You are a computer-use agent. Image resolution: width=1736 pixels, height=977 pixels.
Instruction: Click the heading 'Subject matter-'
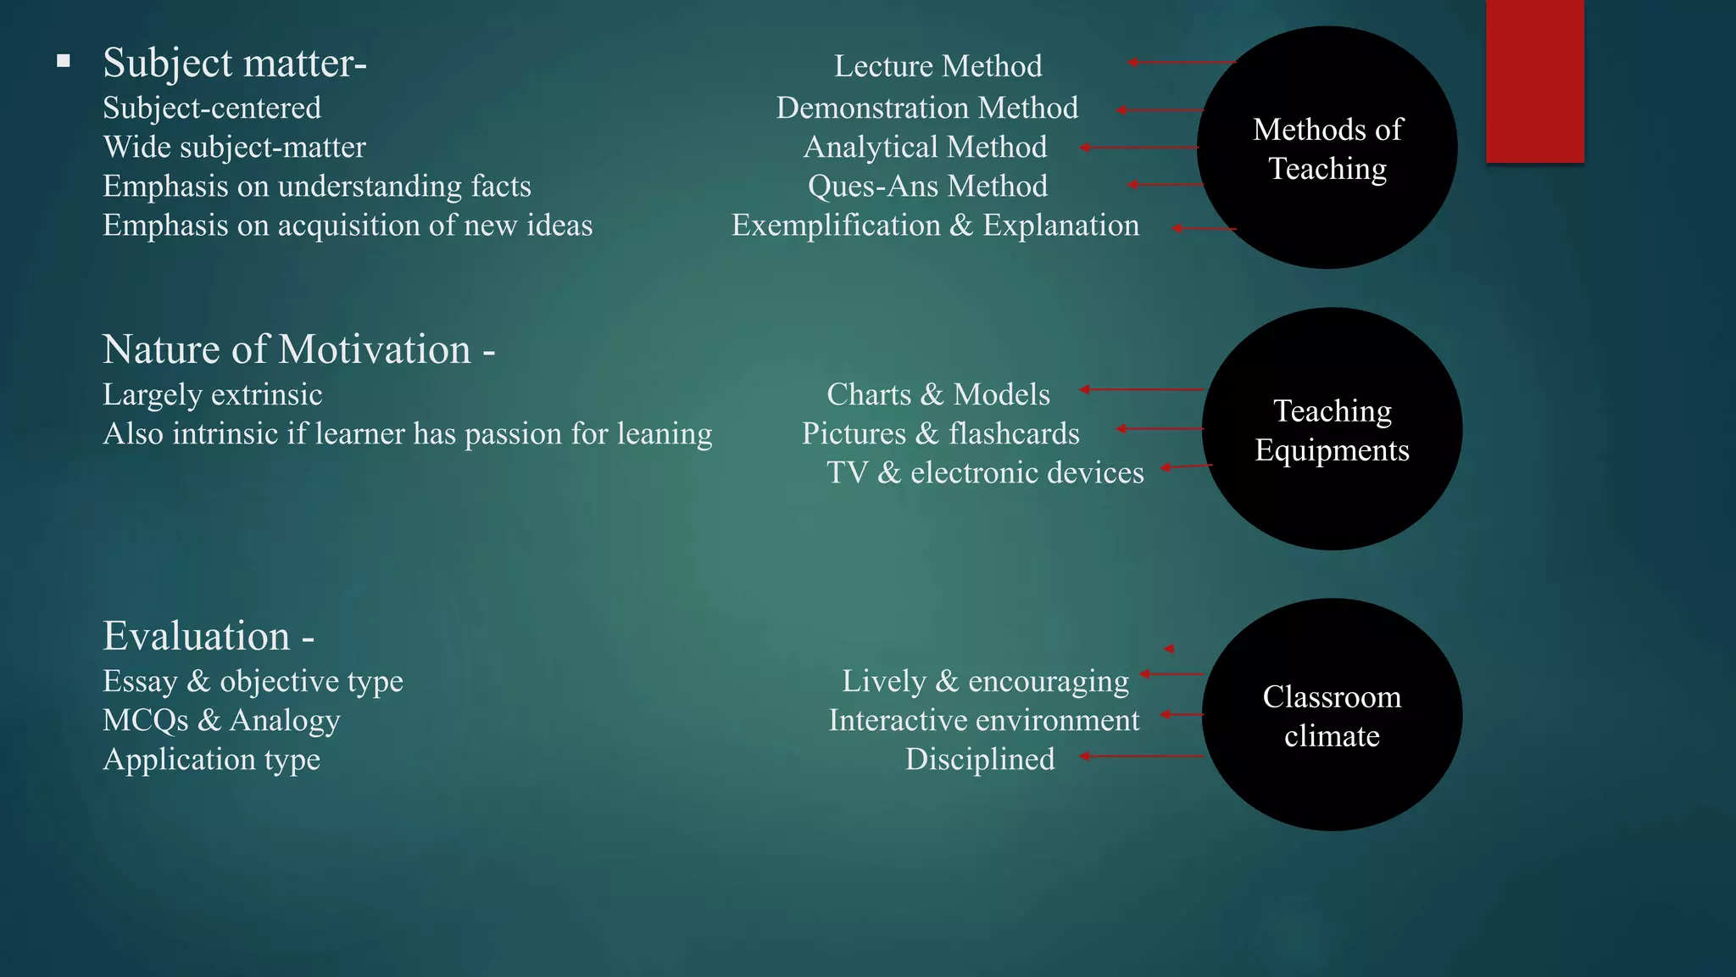[235, 63]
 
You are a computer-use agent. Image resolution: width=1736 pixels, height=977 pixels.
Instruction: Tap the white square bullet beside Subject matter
[64, 61]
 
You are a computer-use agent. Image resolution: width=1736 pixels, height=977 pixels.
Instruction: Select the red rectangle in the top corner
[1534, 81]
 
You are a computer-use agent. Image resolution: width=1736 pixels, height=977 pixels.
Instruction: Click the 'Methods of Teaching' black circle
[1327, 148]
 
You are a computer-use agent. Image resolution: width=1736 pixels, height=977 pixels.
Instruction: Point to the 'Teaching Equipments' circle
[1332, 429]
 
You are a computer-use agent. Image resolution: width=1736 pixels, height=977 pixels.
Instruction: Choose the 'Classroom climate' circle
[1332, 715]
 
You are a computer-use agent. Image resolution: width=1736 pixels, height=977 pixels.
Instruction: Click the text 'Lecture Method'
[938, 66]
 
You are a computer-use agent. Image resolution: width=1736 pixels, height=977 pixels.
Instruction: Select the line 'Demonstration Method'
[927, 108]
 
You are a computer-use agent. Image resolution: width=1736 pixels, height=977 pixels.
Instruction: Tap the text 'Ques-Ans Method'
[927, 186]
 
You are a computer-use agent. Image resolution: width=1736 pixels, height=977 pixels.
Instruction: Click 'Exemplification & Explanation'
[935, 226]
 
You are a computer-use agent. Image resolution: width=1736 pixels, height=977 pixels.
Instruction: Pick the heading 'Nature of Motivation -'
[298, 349]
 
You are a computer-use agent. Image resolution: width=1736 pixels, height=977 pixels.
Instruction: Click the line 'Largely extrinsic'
[213, 394]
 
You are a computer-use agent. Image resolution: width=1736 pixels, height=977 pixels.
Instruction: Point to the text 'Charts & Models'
[938, 394]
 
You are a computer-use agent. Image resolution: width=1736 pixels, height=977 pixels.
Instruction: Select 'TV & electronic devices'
[985, 472]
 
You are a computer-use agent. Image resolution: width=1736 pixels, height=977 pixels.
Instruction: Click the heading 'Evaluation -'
[209, 636]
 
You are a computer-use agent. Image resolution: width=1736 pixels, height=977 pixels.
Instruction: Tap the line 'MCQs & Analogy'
[221, 720]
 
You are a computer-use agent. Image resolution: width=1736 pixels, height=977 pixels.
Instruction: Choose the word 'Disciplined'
[980, 759]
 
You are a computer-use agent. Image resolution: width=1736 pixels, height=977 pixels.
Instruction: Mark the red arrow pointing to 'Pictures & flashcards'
[1160, 429]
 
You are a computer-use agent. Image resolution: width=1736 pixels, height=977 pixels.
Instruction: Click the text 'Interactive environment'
[984, 720]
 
